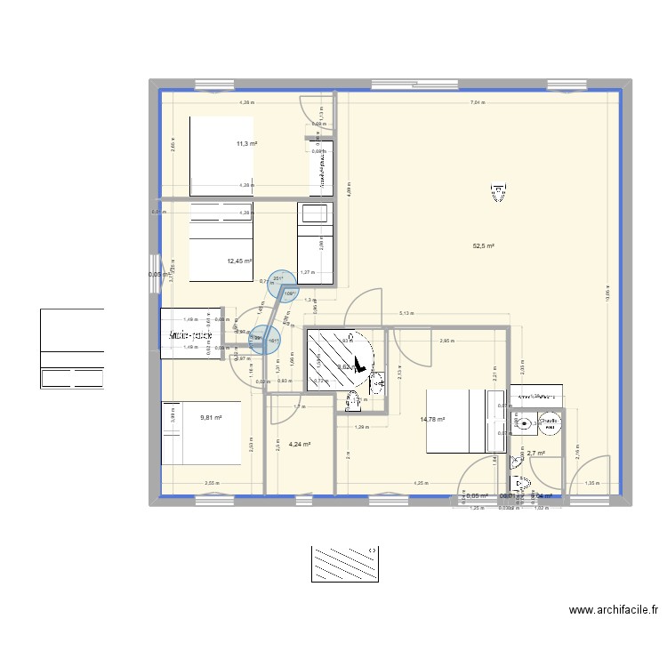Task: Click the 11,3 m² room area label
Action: click(x=246, y=144)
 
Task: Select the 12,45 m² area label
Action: click(x=239, y=261)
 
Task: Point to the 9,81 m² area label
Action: click(x=211, y=417)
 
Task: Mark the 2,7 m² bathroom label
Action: click(x=536, y=454)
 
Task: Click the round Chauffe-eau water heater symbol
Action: click(x=549, y=424)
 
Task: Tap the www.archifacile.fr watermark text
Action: click(x=614, y=611)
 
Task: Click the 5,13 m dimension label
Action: click(x=406, y=313)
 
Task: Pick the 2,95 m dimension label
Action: click(x=446, y=340)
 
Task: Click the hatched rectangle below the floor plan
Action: click(x=345, y=564)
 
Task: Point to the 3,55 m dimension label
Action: click(x=212, y=484)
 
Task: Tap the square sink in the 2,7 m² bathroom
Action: click(x=522, y=424)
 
